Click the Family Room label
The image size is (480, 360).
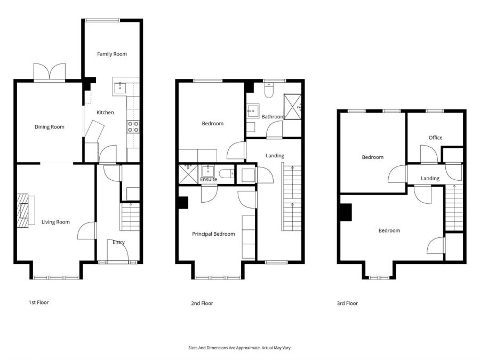click(x=112, y=54)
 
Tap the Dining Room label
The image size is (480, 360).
click(x=49, y=127)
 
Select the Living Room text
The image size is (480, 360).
click(x=55, y=222)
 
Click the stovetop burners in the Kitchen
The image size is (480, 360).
click(x=133, y=127)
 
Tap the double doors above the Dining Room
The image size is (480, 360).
click(x=49, y=72)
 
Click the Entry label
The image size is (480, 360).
click(x=118, y=242)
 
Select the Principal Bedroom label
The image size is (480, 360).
click(x=213, y=234)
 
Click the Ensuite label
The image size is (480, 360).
click(x=209, y=179)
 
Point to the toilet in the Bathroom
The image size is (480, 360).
click(x=269, y=90)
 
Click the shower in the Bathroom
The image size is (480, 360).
click(x=292, y=107)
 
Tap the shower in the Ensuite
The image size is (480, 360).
click(x=188, y=174)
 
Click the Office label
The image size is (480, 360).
click(x=435, y=138)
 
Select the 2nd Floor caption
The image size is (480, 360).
click(x=202, y=303)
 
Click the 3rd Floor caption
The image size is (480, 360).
click(x=347, y=303)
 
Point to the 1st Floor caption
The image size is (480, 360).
click(x=38, y=302)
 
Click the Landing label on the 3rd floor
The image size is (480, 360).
click(x=430, y=178)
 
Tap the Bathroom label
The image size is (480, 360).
click(x=273, y=117)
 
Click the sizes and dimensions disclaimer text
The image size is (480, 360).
click(x=239, y=348)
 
